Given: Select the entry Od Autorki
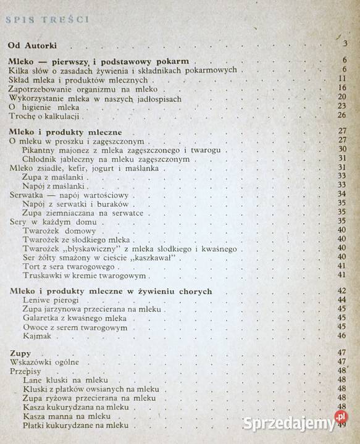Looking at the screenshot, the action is (x=40, y=45).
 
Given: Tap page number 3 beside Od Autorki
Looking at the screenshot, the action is (x=345, y=43).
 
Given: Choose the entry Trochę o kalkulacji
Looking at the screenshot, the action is (x=46, y=116).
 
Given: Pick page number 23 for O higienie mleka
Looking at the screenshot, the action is (x=341, y=106).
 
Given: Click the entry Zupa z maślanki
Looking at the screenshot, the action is (x=54, y=177).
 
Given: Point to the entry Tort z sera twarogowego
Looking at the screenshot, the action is (x=67, y=266).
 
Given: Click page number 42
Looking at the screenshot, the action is (x=341, y=290).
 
